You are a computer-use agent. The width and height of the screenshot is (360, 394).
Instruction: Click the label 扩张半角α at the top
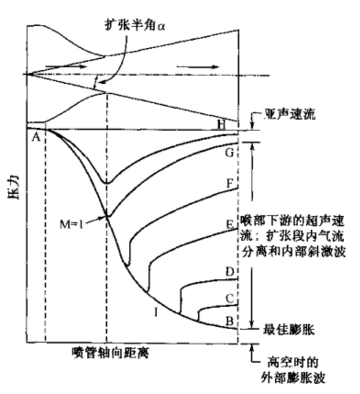tap(135, 25)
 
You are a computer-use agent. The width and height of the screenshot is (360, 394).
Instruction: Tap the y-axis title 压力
tap(13, 187)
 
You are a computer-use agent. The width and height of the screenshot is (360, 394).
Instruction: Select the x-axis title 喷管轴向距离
tap(111, 353)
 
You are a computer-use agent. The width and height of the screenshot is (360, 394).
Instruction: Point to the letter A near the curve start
tap(36, 138)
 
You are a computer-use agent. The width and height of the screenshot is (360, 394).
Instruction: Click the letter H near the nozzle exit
tap(221, 124)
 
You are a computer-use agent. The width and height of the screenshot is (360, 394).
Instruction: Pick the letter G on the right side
tap(229, 152)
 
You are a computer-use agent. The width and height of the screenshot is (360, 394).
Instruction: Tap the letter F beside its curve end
tap(230, 184)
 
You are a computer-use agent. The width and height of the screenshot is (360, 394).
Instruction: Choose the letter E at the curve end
tap(230, 224)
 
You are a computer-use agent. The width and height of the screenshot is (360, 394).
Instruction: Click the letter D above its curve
tap(230, 272)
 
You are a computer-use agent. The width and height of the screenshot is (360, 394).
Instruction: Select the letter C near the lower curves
tap(230, 299)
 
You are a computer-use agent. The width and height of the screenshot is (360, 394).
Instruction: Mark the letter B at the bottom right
tap(230, 321)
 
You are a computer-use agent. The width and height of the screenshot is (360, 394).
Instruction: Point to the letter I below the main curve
tap(156, 313)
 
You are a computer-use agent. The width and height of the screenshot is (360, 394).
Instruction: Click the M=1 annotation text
tap(72, 224)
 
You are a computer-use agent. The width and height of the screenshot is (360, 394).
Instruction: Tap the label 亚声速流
tap(290, 115)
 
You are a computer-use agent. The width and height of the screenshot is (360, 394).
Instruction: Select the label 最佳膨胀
tap(288, 329)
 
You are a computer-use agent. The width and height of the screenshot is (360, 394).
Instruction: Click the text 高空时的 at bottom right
tap(293, 362)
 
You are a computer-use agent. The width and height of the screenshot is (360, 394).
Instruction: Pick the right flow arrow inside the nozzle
tap(198, 67)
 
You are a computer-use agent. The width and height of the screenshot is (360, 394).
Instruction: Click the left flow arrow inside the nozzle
tap(66, 67)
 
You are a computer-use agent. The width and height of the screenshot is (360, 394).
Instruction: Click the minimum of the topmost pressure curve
tap(107, 183)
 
